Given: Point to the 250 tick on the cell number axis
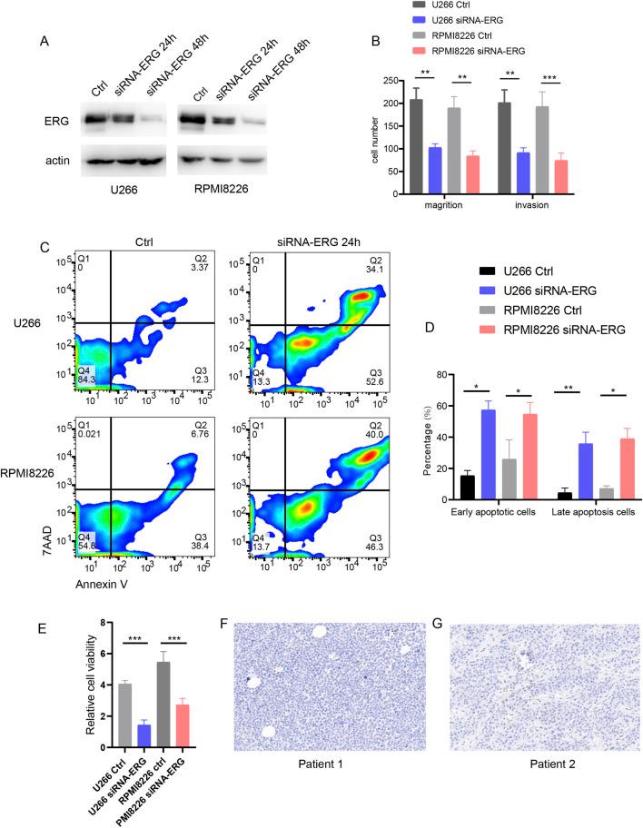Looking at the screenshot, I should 392,81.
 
